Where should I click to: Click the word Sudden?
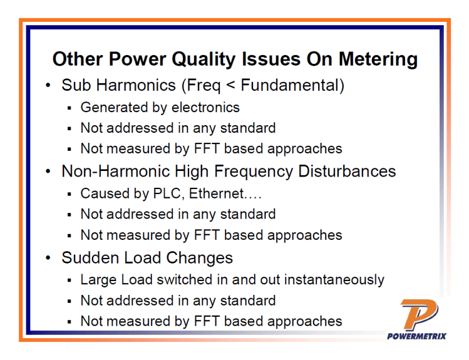coord(90,257)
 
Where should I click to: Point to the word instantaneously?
coord(331,279)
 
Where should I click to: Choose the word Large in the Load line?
coord(98,279)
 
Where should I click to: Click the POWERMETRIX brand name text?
coord(417,336)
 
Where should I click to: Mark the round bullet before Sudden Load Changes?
coord(48,258)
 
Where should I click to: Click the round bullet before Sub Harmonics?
coord(48,86)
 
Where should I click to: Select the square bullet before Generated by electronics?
coord(71,108)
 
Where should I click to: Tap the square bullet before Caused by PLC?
coord(71,194)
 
